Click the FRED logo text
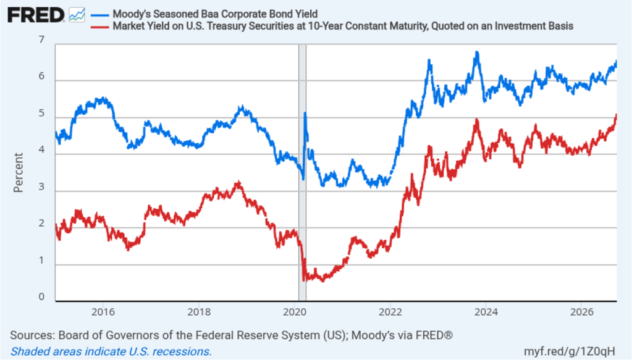click(35, 15)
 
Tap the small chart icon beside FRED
click(77, 15)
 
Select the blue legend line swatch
click(99, 15)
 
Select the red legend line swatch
click(99, 27)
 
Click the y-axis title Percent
click(18, 172)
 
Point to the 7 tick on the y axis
click(41, 40)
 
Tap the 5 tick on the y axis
click(41, 113)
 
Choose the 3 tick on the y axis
click(41, 187)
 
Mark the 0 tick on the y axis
click(41, 297)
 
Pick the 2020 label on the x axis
click(295, 312)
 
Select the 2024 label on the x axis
click(486, 312)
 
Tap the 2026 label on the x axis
click(581, 312)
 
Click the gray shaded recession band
click(302, 172)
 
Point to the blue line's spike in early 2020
click(305, 113)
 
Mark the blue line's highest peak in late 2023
click(477, 52)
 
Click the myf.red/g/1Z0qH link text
click(570, 351)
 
